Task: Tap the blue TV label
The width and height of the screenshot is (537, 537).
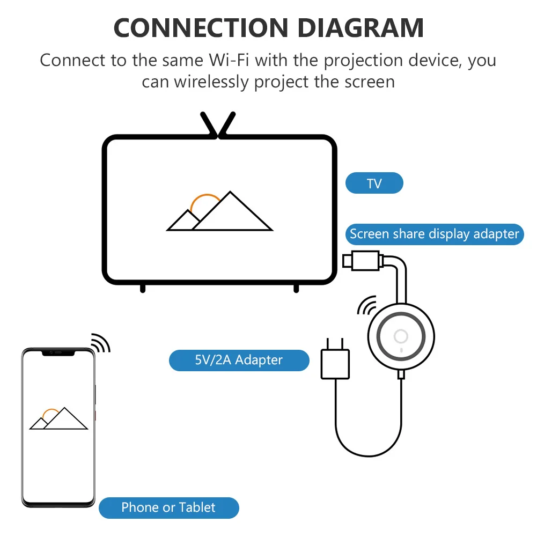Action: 374,183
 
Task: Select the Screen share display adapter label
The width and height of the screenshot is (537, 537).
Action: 434,234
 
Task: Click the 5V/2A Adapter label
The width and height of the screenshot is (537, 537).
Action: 239,360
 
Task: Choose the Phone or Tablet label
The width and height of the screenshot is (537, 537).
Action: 168,507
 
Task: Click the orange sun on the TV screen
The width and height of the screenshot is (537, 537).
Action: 205,202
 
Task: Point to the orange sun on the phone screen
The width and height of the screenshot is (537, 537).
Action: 50,414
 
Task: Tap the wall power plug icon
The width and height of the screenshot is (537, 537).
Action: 335,363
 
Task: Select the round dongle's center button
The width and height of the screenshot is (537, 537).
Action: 401,336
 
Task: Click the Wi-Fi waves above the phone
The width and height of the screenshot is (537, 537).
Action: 100,343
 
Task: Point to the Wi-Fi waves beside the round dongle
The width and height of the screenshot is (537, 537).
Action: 366,305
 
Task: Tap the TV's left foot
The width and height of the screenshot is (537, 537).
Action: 143,288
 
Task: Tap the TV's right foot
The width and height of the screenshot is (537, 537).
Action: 296,288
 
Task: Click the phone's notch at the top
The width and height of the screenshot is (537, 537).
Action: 58,352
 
